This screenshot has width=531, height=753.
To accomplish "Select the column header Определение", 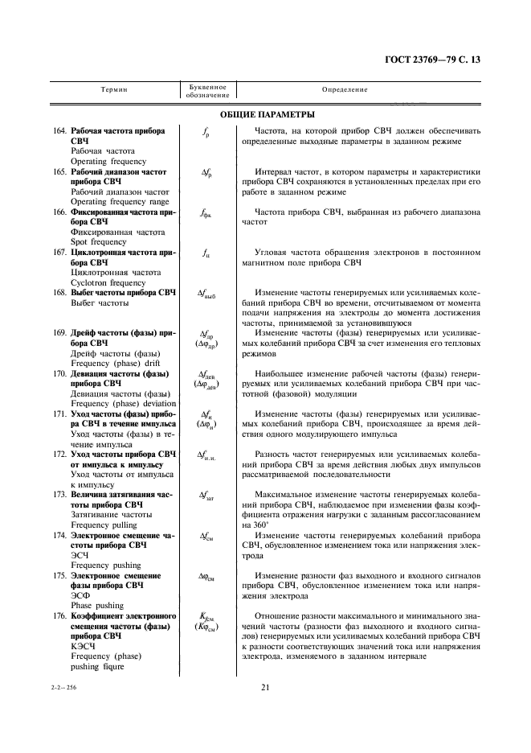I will [x=345, y=90].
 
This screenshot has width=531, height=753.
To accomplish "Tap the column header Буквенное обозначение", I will [x=206, y=91].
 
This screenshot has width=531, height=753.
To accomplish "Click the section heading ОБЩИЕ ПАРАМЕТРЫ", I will [x=266, y=115].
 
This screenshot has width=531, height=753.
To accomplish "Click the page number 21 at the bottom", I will [x=266, y=686].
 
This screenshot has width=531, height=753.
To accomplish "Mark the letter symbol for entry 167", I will [x=206, y=253].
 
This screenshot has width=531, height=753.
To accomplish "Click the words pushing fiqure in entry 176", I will [x=98, y=666].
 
